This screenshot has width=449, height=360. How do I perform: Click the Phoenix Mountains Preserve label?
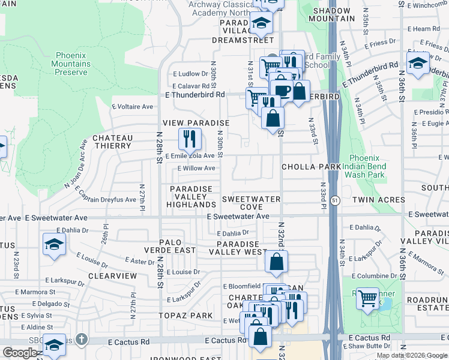pyautogui.click(x=73, y=64)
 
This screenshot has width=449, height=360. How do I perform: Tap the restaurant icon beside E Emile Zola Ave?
pyautogui.click(x=190, y=140)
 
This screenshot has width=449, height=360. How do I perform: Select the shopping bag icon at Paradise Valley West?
pyautogui.click(x=276, y=262)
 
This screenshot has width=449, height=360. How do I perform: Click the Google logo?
pyautogui.click(x=19, y=353)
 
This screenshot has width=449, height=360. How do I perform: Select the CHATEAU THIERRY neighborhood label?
pyautogui.click(x=112, y=142)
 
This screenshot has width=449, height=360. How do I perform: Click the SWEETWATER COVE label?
pyautogui.click(x=243, y=203)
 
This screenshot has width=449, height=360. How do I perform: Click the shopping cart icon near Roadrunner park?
pyautogui.click(x=367, y=299)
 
